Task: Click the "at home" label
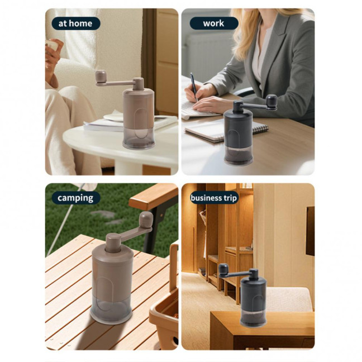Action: click(75, 23)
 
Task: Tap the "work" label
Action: click(213, 23)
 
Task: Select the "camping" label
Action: click(75, 198)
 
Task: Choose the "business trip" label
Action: click(213, 198)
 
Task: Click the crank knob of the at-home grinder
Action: click(101, 77)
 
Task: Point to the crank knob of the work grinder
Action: click(271, 101)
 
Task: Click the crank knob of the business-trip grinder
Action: click(223, 269)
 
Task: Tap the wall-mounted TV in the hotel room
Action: click(310, 230)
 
